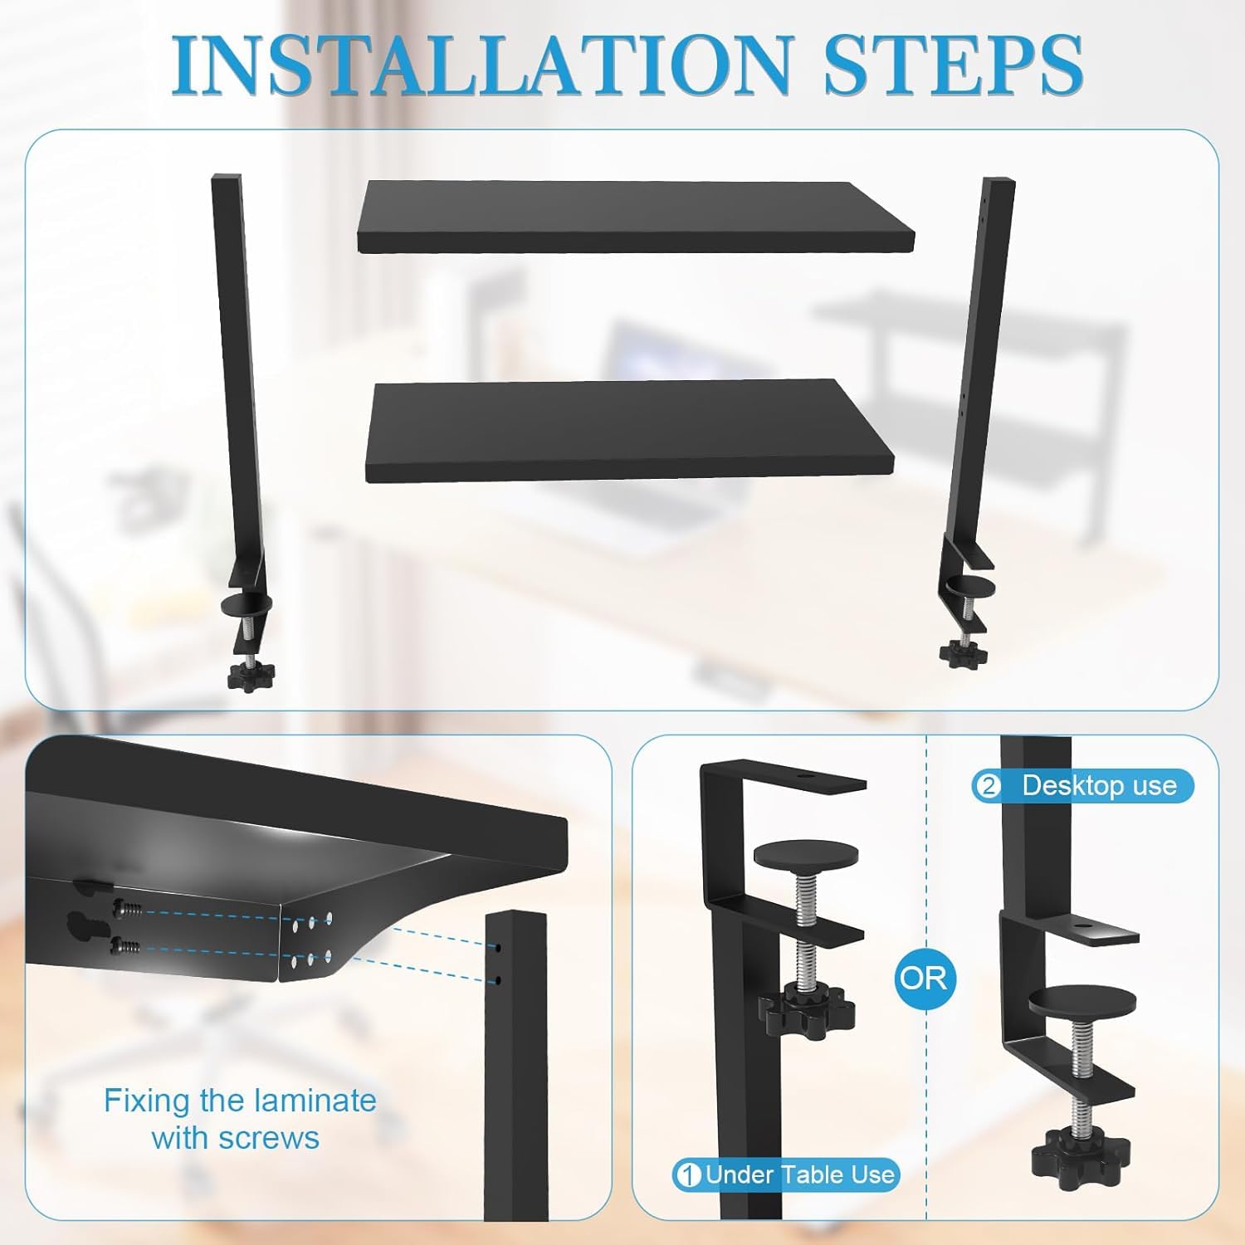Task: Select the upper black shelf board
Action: tap(635, 217)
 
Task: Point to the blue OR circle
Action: tap(925, 978)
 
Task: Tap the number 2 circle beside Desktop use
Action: tap(988, 786)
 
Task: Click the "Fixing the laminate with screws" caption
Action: tap(240, 1119)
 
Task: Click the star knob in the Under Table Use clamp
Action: tap(806, 1007)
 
